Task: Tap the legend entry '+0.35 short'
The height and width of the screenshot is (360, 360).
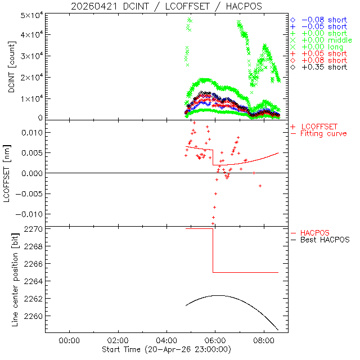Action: coord(323,67)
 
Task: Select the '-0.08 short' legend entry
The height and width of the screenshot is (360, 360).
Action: coord(323,20)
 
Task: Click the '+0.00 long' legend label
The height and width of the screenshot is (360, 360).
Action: coord(323,47)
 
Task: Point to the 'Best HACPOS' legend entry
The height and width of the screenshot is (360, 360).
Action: coord(325,240)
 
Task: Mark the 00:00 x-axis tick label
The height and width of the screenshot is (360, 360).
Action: coord(69,340)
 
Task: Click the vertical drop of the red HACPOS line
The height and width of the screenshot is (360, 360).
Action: coord(213,250)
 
